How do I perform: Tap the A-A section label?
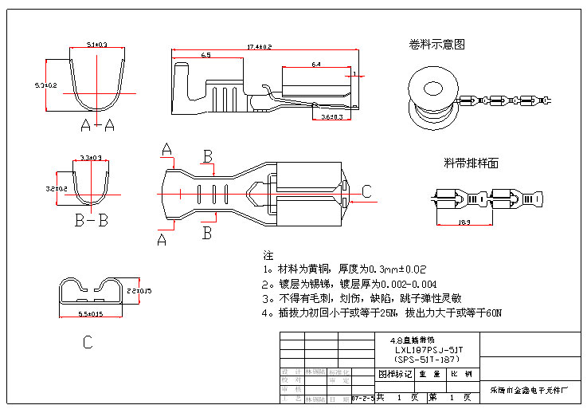(97, 124)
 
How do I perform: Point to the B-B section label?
(91, 221)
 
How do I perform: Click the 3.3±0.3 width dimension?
(90, 158)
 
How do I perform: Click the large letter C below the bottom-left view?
(88, 343)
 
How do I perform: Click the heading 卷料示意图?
(436, 45)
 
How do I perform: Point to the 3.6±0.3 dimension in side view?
(331, 117)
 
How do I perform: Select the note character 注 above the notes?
(268, 256)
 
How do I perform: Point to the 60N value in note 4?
(493, 313)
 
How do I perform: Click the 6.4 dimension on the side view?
(316, 64)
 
